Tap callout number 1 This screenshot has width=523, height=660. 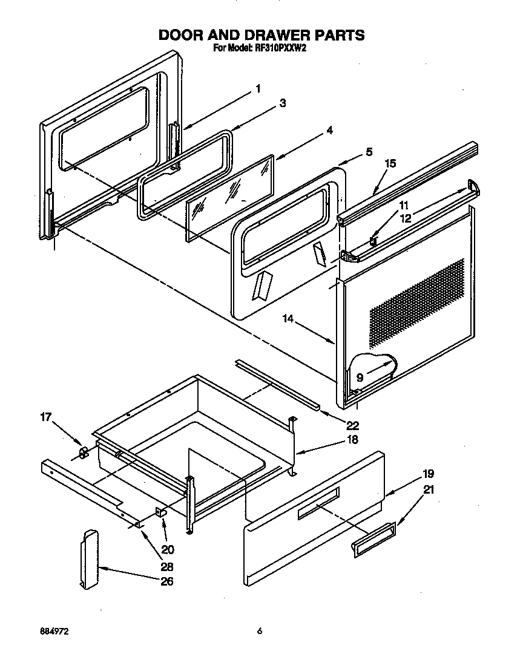click(x=258, y=89)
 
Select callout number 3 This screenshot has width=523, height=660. click(x=282, y=103)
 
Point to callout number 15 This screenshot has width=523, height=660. click(x=390, y=163)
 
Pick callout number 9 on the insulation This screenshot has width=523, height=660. click(x=360, y=377)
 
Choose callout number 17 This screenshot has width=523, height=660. click(x=46, y=417)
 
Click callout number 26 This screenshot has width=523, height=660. click(x=167, y=581)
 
